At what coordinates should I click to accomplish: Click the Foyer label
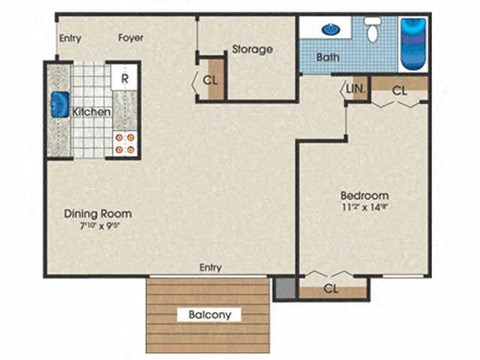pyautogui.click(x=131, y=39)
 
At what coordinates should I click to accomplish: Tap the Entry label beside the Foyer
pyautogui.click(x=70, y=39)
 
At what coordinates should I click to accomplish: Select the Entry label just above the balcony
pyautogui.click(x=211, y=267)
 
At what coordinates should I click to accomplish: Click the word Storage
pyautogui.click(x=252, y=49)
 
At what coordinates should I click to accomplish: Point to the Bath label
pyautogui.click(x=327, y=58)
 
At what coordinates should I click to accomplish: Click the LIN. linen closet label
pyautogui.click(x=356, y=90)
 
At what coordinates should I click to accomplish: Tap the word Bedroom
pyautogui.click(x=364, y=194)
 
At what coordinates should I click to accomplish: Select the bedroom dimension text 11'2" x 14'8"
pyautogui.click(x=364, y=208)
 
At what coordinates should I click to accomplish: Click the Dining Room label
pyautogui.click(x=98, y=213)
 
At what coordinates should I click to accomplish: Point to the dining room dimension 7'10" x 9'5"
pyautogui.click(x=98, y=227)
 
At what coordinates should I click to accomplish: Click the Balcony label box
pyautogui.click(x=210, y=314)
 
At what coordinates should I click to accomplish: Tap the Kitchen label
pyautogui.click(x=91, y=112)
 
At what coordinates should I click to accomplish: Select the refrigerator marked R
pyautogui.click(x=125, y=77)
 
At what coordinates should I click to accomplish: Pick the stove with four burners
pyautogui.click(x=125, y=142)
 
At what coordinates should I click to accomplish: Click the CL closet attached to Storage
pyautogui.click(x=212, y=81)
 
